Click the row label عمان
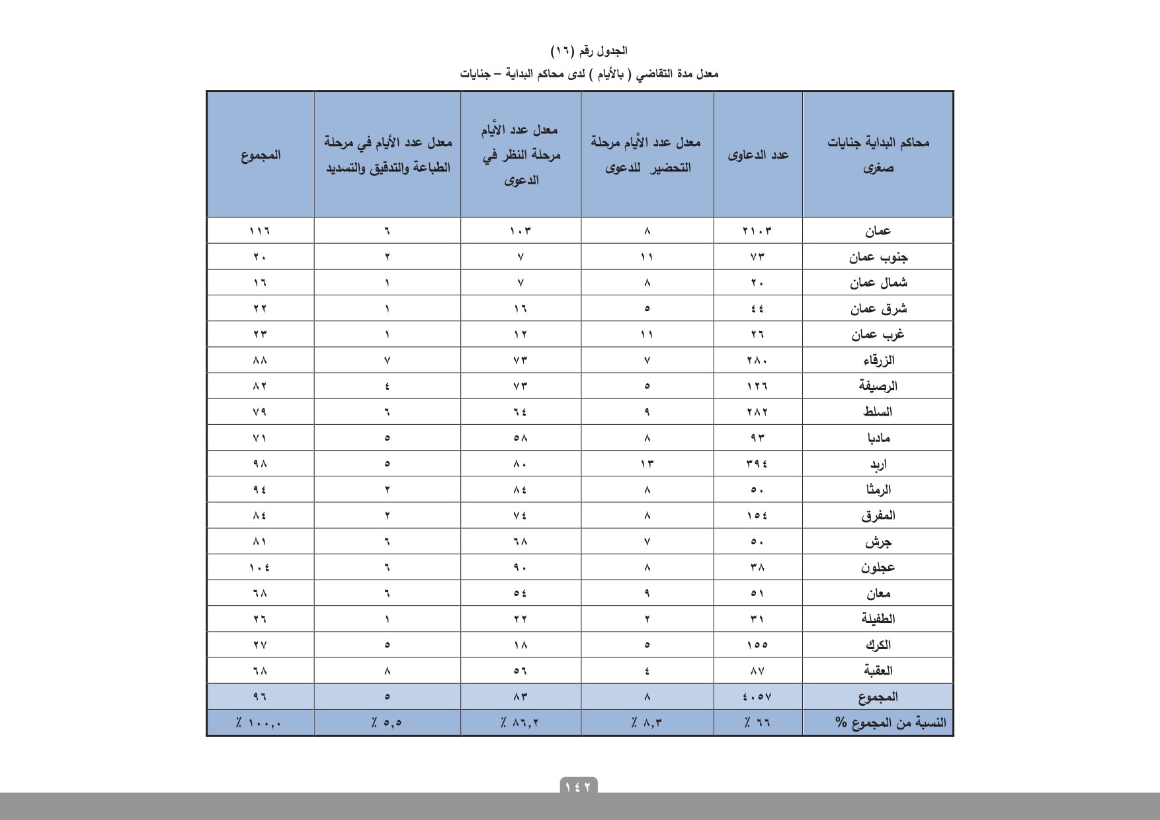[878, 231]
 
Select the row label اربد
[878, 464]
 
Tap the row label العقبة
[878, 671]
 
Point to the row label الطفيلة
[878, 619]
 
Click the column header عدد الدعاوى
[758, 155]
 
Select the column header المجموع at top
[261, 155]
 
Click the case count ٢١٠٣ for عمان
[757, 231]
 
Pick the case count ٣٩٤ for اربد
[757, 464]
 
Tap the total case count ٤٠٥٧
[757, 696]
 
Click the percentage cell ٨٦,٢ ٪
[520, 723]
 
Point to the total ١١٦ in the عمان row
[260, 231]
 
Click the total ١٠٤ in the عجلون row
[260, 568]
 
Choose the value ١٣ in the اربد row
[647, 464]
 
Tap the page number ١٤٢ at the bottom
[579, 786]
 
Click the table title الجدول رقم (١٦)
[589, 51]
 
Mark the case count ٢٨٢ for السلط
[757, 412]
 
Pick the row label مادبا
[878, 438]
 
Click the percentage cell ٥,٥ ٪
[387, 723]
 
